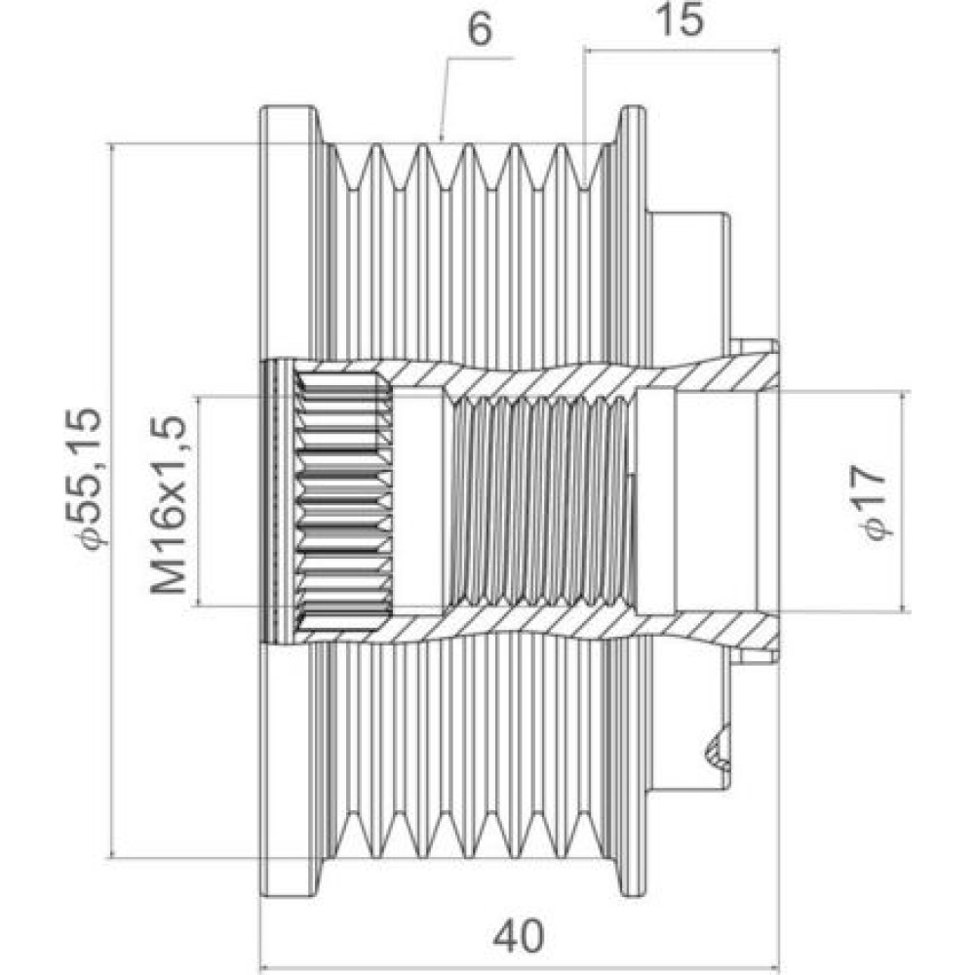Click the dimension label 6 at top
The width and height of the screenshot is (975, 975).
pos(480,30)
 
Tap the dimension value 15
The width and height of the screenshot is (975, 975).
pos(681,19)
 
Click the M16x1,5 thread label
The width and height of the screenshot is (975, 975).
pos(169,504)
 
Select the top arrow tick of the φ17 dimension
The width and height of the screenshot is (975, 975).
pos(904,394)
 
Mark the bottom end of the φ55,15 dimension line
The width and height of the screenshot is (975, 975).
pos(111,858)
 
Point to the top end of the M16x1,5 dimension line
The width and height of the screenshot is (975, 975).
pos(198,396)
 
